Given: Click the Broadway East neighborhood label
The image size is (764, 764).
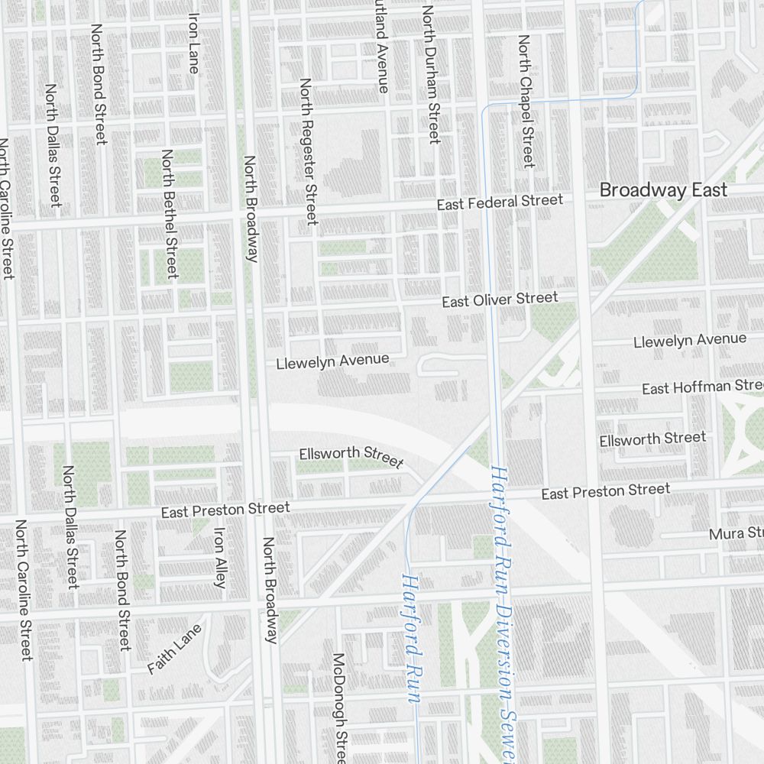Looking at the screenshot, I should [663, 190].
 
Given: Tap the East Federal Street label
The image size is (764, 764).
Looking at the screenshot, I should [500, 202].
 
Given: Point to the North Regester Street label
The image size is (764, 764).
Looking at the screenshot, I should [308, 151].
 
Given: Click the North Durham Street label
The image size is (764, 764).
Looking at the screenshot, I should [431, 75].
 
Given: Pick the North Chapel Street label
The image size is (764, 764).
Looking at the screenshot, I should [526, 101].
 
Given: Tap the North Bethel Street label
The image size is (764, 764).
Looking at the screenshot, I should [169, 213].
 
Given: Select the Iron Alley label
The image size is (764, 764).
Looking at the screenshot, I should [220, 558].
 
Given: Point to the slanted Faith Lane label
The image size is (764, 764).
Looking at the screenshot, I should [175, 649].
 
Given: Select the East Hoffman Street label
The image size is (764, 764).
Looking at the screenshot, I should [702, 387].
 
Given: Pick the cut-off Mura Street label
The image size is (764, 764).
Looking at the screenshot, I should [736, 533].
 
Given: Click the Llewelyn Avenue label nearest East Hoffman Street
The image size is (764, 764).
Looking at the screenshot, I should [689, 340].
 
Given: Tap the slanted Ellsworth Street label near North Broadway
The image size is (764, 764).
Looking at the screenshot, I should [351, 456].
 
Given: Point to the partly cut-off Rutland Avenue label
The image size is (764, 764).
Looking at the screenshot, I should [380, 46].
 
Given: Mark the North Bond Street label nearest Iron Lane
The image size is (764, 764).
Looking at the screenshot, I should [99, 84].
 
